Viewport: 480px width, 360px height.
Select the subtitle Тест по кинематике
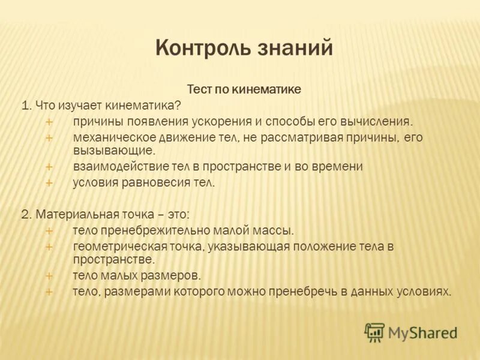(244, 89)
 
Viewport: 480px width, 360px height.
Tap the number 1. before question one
(26, 105)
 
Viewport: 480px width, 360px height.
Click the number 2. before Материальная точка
(26, 214)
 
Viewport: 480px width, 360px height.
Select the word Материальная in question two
(70, 214)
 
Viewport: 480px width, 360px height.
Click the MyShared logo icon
(374, 332)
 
